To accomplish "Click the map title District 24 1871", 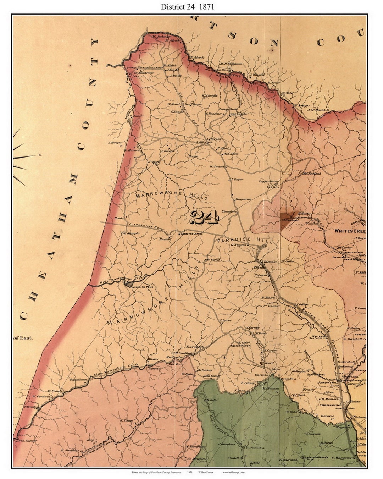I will (x=187, y=7).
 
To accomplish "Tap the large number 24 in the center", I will (x=204, y=217).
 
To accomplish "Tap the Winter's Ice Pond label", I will (x=140, y=287).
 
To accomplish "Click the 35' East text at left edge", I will (x=23, y=338).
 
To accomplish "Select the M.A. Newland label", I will (x=312, y=174).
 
